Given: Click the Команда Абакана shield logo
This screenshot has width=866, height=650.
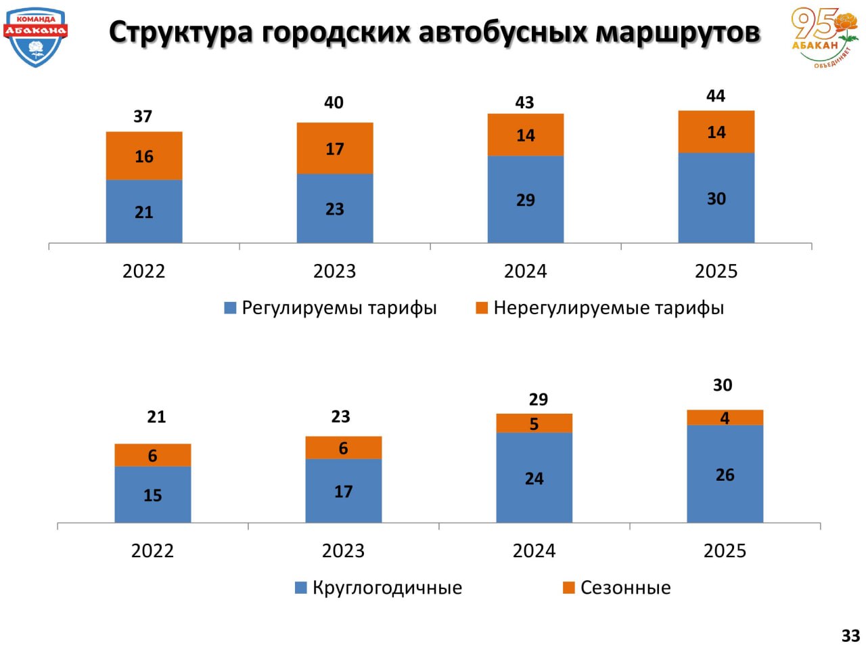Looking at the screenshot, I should click(x=35, y=37).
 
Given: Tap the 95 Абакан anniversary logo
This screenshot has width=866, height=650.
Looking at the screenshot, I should click(x=823, y=37).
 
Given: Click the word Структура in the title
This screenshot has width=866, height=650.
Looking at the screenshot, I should click(x=181, y=32).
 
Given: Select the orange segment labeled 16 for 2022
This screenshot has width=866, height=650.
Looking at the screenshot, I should click(x=144, y=156).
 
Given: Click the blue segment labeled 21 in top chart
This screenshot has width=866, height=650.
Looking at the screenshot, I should click(x=144, y=211).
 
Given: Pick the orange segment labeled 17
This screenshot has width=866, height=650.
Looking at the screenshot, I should click(x=335, y=148).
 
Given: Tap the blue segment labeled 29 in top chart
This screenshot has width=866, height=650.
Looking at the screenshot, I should click(x=526, y=199).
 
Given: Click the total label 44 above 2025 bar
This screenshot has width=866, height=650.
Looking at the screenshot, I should click(x=716, y=96).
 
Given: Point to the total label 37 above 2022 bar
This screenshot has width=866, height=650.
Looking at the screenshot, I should click(x=143, y=116).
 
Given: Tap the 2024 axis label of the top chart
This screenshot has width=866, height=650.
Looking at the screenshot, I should click(x=525, y=272).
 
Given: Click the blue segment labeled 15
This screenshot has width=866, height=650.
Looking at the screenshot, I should click(x=153, y=494).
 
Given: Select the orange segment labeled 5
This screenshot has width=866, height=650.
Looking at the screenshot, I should click(x=534, y=423).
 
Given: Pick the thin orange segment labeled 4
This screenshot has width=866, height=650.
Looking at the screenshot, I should click(x=725, y=418).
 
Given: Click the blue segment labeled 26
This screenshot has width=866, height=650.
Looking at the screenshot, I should click(x=725, y=474).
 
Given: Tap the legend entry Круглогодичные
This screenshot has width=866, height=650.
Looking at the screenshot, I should click(x=379, y=588).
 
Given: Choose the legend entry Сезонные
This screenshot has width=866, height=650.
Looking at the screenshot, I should click(x=616, y=588).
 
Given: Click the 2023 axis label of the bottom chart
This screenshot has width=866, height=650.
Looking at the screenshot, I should click(x=343, y=551).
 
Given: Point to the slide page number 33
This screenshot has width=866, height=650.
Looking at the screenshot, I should click(x=850, y=636).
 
